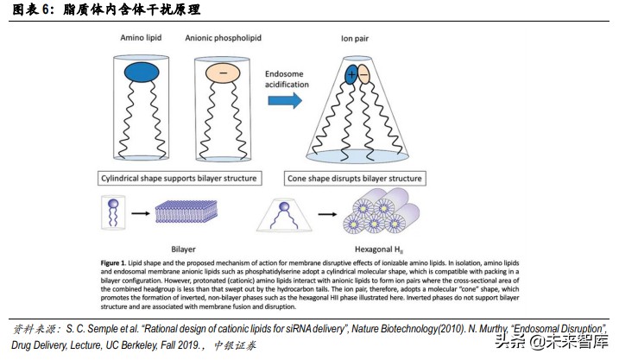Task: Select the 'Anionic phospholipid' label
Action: [x=224, y=40]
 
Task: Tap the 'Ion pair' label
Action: [x=355, y=40]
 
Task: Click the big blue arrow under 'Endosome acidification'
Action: [x=284, y=99]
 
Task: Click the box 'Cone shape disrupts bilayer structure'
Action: [x=354, y=179]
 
